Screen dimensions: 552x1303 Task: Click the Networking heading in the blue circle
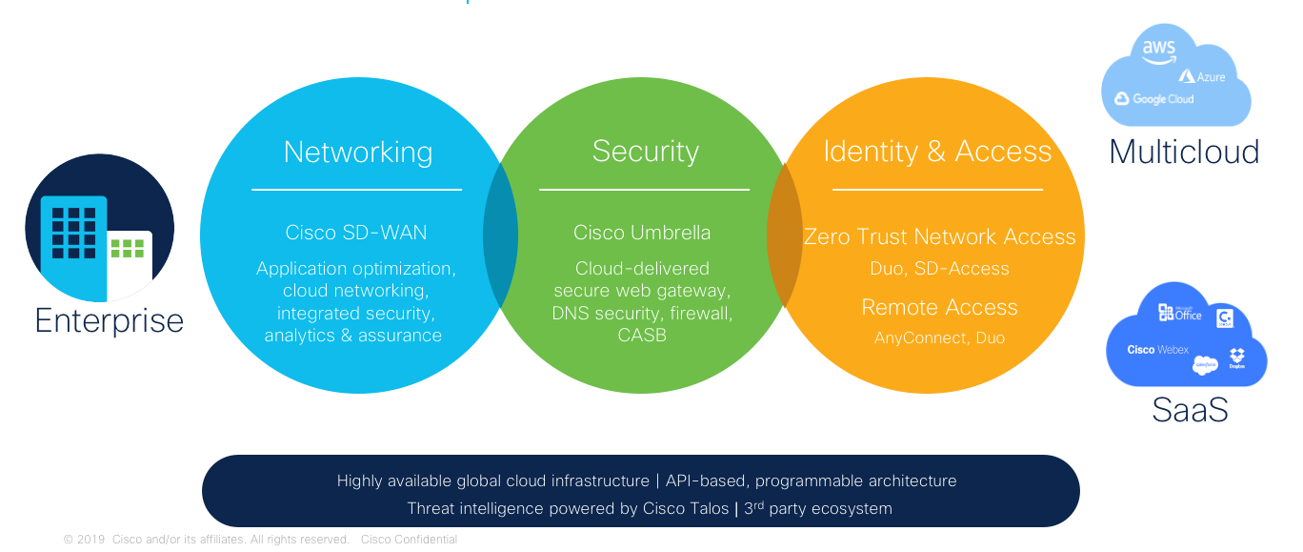[x=357, y=153]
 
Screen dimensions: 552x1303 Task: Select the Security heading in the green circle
[x=645, y=151]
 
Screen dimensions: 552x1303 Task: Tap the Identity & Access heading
[x=937, y=152]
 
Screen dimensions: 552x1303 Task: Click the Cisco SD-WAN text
[x=356, y=233]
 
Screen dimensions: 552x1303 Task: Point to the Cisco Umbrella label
[x=642, y=233]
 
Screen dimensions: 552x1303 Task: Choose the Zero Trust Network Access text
[x=939, y=236]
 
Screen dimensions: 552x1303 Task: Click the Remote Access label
[x=939, y=307]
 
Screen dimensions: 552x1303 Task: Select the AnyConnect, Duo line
[x=939, y=337]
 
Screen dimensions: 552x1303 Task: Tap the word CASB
[x=642, y=335]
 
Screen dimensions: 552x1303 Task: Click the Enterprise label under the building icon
[x=109, y=320]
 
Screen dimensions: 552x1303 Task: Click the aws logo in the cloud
[x=1159, y=51]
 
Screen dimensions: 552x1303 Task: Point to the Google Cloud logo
[x=1154, y=99]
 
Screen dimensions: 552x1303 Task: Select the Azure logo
[x=1202, y=76]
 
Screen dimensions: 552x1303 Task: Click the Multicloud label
[x=1184, y=152]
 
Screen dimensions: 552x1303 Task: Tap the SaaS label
[x=1190, y=410]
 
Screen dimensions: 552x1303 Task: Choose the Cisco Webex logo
[x=1157, y=350]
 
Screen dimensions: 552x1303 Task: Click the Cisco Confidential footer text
[x=409, y=540]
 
